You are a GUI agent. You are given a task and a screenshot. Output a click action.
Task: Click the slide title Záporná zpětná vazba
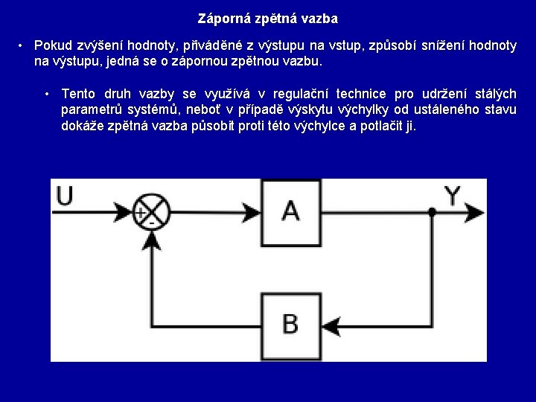[268, 18]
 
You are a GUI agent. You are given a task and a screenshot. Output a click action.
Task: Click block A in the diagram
[291, 212]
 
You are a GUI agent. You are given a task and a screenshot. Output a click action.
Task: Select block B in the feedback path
[291, 325]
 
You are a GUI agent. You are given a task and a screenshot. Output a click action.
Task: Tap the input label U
[66, 197]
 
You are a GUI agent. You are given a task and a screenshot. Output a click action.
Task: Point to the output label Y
[452, 196]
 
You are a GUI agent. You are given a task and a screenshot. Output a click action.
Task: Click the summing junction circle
[151, 212]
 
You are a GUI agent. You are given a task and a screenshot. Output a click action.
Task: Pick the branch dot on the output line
[432, 212]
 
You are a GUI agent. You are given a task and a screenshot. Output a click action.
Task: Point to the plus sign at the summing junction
[140, 213]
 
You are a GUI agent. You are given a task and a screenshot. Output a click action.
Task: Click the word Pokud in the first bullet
[50, 46]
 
